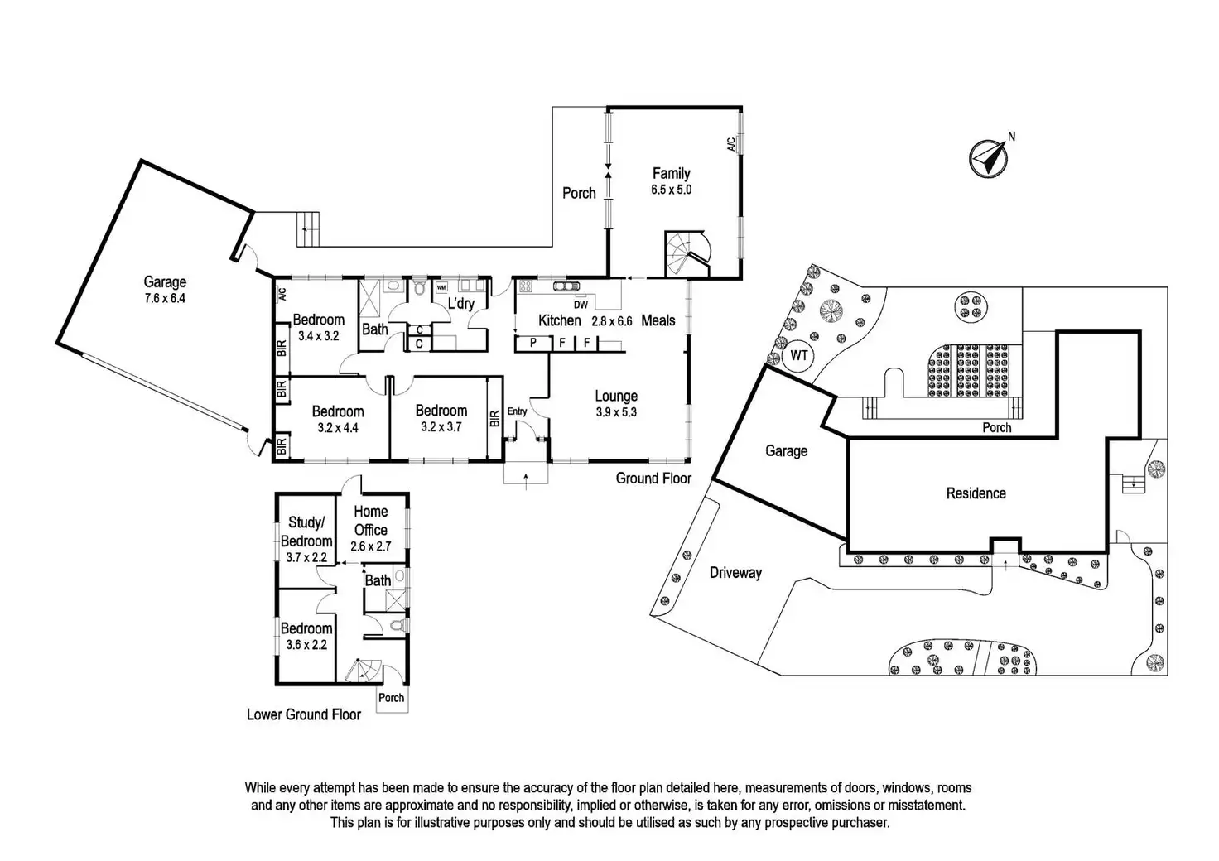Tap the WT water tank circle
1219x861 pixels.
798,356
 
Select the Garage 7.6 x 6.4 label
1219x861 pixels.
165,290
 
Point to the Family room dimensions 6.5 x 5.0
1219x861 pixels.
671,190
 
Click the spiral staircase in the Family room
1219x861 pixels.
687,253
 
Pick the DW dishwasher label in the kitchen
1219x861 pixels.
580,305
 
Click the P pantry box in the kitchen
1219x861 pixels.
532,343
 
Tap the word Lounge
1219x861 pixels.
616,397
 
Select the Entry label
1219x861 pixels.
517,411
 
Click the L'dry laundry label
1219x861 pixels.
461,304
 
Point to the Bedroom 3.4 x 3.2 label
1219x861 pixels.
318,328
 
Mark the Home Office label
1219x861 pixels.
370,521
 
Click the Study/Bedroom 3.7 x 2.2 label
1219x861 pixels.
306,540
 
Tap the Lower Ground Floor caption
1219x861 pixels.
304,714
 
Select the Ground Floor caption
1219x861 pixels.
653,479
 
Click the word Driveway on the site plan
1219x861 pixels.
735,572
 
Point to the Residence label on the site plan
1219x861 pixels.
976,493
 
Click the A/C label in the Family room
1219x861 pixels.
730,144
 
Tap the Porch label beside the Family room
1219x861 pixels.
579,193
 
